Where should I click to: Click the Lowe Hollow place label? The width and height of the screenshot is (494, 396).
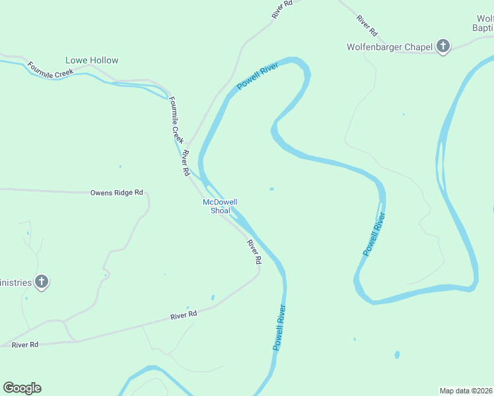point(92,60)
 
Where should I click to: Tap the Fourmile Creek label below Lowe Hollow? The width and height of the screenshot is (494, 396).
point(50,70)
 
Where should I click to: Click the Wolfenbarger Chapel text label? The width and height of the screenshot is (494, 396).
point(390,47)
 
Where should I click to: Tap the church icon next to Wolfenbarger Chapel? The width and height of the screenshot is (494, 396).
point(443,46)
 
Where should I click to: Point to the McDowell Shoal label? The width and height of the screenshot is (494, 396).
point(220,206)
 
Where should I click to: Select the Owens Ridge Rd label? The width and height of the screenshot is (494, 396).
point(116,193)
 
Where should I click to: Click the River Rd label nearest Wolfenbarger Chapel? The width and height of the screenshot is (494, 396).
point(367,24)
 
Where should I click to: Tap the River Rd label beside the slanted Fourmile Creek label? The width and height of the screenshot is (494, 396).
point(186,163)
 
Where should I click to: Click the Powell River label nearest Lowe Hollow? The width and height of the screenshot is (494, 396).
point(259,77)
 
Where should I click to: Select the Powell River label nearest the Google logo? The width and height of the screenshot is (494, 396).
point(280,327)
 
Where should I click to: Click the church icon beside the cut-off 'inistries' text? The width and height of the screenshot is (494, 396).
point(42,282)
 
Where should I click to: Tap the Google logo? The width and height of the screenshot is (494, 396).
point(22,388)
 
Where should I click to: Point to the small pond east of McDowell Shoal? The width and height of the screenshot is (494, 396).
point(271,189)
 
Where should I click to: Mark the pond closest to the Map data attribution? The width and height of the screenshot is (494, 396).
point(397,355)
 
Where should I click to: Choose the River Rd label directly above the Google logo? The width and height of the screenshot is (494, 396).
point(25,345)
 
